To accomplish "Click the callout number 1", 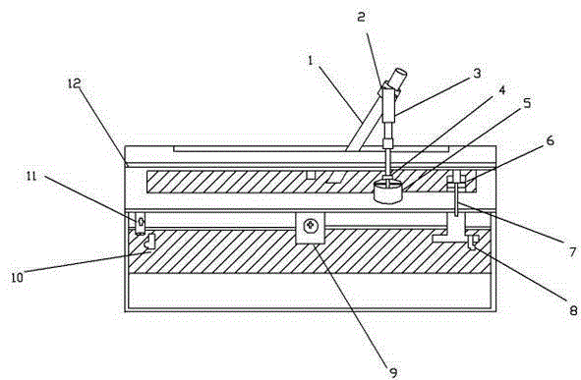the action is (x=311, y=60).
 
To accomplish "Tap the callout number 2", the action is (x=361, y=17).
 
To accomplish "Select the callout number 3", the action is (x=477, y=74).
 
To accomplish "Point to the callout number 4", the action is (x=501, y=90).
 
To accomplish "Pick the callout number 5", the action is (x=527, y=103).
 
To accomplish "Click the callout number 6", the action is (x=551, y=140).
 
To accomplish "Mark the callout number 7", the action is (x=573, y=252).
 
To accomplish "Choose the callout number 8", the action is (x=573, y=310).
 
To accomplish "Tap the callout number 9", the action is (x=393, y=372).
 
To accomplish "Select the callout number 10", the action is (x=17, y=277).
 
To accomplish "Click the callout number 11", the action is (x=31, y=176).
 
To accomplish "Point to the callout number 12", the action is (x=74, y=83).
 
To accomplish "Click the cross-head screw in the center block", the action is (x=311, y=226).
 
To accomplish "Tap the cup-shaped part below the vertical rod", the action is (x=388, y=191).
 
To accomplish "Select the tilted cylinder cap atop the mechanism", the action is (x=399, y=79).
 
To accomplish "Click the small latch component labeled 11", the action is (x=140, y=223).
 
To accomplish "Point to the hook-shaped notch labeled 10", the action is (x=149, y=242).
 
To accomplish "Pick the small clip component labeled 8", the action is (x=473, y=242).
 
